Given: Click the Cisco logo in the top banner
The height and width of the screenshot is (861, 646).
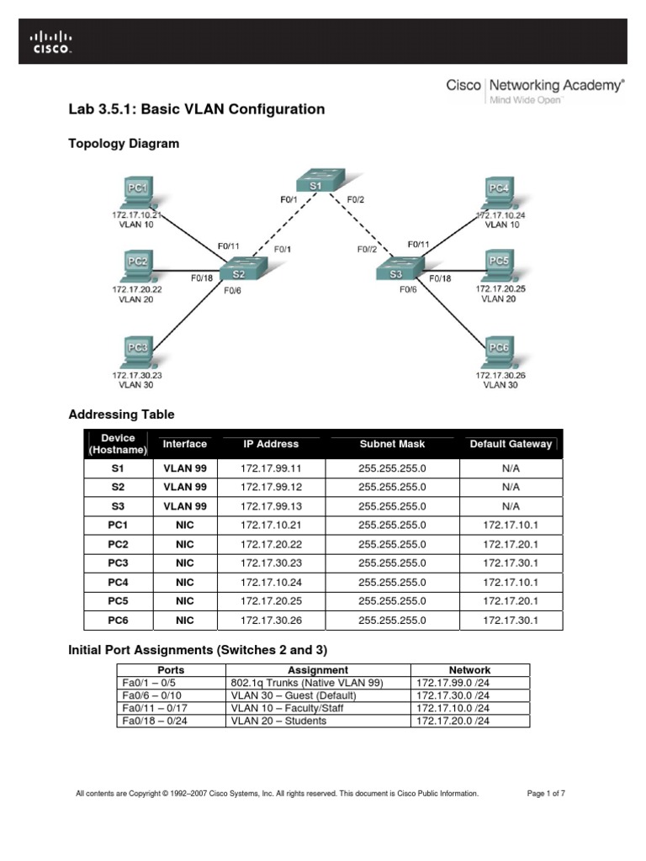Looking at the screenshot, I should (x=51, y=41).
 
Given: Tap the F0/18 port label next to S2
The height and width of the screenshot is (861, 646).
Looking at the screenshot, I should (x=202, y=277).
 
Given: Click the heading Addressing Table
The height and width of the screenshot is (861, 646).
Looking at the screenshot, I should (x=121, y=415).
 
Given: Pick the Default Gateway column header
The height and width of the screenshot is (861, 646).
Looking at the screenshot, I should (x=511, y=444).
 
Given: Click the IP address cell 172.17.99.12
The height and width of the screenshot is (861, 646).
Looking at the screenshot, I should (x=270, y=487).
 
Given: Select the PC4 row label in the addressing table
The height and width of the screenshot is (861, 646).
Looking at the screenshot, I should (x=118, y=582).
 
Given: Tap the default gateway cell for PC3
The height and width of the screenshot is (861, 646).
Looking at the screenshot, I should (x=511, y=563).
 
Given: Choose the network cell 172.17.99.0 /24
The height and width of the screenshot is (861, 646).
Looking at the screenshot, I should (x=453, y=683).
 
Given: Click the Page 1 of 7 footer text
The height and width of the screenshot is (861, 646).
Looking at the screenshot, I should (x=545, y=793).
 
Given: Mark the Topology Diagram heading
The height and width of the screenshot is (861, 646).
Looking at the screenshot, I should (x=123, y=144).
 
